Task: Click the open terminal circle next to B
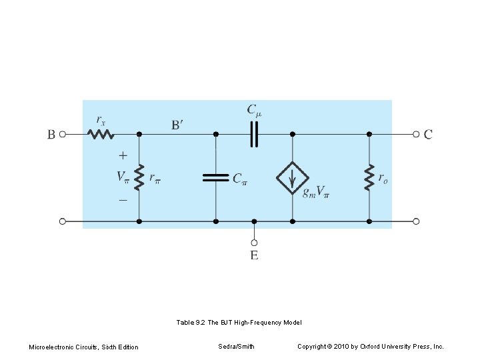coord(63,134)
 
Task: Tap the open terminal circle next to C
coord(416,134)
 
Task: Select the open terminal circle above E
coord(254,243)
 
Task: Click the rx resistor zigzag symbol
coord(101,134)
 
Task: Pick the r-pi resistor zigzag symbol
coord(139,177)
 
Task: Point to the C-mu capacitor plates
coord(253,134)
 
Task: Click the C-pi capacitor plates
coord(215,177)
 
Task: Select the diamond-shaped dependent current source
coord(292,177)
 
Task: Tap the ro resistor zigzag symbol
coord(369,177)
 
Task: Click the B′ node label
coord(177,125)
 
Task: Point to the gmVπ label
coord(316,193)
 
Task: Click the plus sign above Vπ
coord(123,155)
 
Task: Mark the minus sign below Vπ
coord(123,199)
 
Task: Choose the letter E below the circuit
coord(254,255)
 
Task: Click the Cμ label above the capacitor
coord(254,109)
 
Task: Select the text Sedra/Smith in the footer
coord(236,346)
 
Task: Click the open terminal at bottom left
coord(63,221)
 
